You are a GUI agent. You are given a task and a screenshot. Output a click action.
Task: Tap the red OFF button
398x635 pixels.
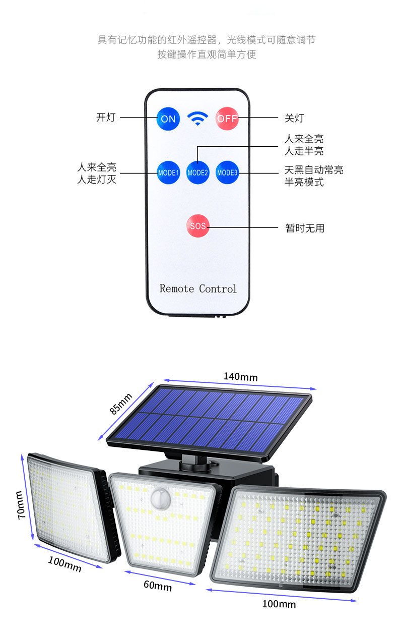227,119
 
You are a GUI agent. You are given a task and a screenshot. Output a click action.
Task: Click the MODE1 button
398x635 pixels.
168,172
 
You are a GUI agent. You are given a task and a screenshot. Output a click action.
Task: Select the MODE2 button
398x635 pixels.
197,172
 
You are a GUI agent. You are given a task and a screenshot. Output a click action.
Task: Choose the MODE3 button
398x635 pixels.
227,172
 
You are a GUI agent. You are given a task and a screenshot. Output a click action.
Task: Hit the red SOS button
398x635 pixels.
197,226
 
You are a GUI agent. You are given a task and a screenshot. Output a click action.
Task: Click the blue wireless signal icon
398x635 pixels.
197,119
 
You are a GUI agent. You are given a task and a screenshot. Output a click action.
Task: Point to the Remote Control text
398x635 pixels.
197,289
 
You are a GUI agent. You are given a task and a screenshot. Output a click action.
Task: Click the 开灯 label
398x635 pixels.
106,118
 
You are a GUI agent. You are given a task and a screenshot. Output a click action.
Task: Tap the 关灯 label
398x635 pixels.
294,118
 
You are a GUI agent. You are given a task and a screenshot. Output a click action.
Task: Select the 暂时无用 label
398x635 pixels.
305,228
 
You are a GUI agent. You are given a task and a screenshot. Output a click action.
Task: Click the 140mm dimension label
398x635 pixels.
240,377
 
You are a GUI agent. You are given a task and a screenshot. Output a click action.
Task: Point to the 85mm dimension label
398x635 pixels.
121,403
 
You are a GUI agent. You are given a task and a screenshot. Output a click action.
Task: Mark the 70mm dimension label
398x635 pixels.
21,505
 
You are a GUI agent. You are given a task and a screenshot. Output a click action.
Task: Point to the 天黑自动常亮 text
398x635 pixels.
314,170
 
